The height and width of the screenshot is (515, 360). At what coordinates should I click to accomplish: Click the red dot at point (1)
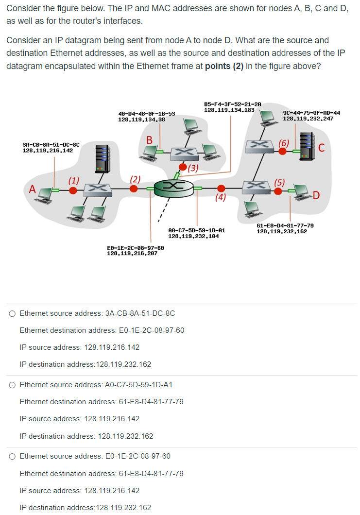(73, 190)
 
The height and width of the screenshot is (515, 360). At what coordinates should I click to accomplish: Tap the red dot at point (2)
(134, 189)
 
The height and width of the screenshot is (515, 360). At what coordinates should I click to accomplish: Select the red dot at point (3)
(182, 168)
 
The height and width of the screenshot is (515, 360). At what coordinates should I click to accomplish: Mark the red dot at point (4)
(221, 189)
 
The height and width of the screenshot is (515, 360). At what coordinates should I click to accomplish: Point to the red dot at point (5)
(278, 191)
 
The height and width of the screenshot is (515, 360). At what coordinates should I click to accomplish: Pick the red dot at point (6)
(282, 151)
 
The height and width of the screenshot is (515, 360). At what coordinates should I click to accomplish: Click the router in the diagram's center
(173, 187)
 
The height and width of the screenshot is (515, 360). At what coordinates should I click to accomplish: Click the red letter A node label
(33, 189)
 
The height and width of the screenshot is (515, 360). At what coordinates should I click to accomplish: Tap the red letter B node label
(150, 140)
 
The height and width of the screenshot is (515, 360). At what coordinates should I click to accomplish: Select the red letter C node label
(321, 148)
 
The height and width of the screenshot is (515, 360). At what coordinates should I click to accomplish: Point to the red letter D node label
(316, 196)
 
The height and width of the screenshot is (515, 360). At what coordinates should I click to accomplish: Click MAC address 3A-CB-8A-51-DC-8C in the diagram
(51, 144)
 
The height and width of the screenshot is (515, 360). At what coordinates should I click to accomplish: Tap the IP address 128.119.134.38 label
(141, 119)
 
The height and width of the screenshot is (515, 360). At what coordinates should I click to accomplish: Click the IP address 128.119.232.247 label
(308, 119)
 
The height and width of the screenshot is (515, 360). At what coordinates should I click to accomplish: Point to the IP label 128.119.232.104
(193, 236)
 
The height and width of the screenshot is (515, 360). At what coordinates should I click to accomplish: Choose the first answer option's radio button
(12, 313)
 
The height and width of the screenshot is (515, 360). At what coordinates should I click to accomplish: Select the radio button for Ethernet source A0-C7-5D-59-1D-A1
(12, 385)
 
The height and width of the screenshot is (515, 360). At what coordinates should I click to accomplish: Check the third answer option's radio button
(12, 456)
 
